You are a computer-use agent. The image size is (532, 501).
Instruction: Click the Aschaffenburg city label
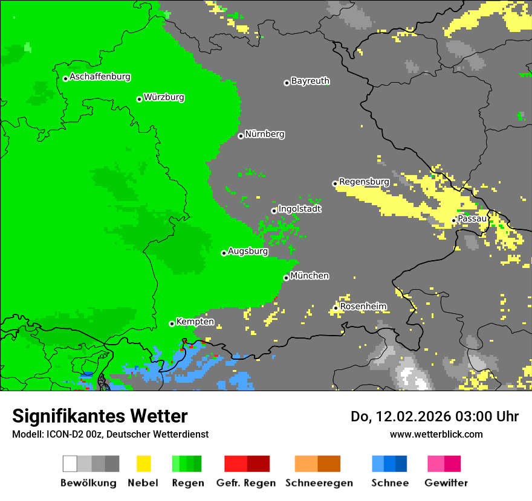click(x=100, y=77)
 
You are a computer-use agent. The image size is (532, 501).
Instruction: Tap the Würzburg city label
click(x=164, y=97)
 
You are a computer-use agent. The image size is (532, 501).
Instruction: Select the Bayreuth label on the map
click(x=310, y=81)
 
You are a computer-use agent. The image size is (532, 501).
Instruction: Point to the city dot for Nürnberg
click(x=241, y=136)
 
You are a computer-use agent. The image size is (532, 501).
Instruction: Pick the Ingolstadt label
click(x=299, y=209)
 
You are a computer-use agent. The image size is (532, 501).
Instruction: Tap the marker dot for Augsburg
click(x=224, y=253)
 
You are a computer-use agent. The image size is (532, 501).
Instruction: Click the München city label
click(x=310, y=276)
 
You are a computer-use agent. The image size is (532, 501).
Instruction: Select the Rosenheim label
click(x=363, y=307)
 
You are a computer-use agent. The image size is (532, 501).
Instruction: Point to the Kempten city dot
click(x=172, y=324)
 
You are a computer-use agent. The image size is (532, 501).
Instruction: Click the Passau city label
click(x=472, y=219)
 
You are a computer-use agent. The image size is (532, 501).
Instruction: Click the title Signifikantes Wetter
click(x=100, y=416)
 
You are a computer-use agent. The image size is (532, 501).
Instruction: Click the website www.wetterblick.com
click(x=436, y=434)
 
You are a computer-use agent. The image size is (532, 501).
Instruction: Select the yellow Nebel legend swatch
click(x=143, y=464)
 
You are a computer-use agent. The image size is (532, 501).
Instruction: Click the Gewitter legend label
click(x=446, y=483)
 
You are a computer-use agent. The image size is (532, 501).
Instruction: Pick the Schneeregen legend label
click(x=318, y=483)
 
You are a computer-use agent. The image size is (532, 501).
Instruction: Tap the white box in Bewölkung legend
click(x=70, y=464)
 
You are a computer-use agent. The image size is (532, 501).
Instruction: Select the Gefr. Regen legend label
click(x=246, y=483)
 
